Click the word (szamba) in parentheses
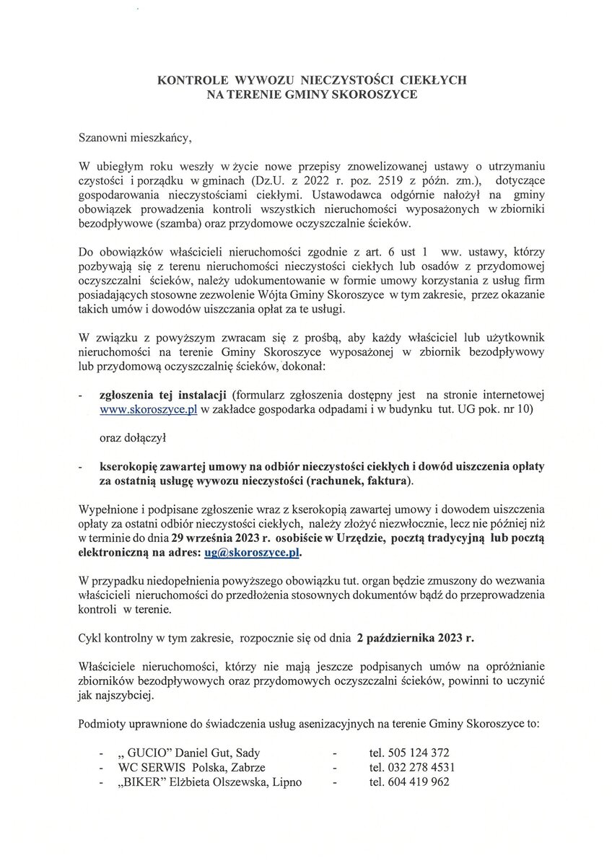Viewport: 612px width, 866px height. tap(167, 223)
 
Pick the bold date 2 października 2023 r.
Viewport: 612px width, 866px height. tap(416, 638)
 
